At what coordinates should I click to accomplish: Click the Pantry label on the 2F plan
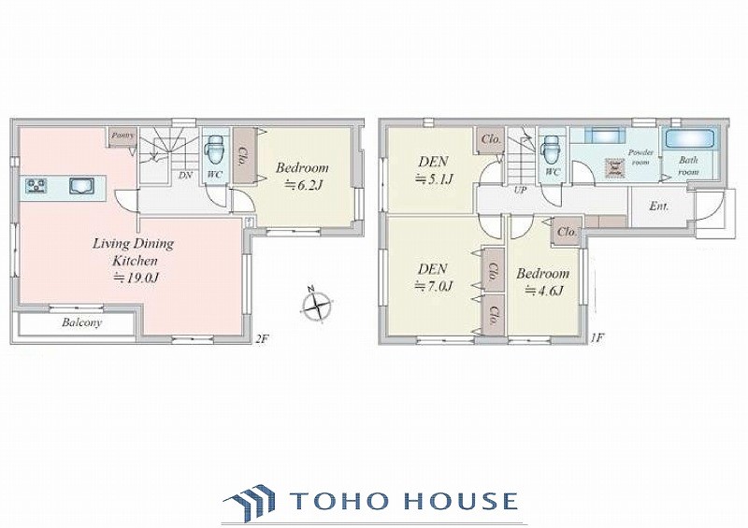click(122, 136)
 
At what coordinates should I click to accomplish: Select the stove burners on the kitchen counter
click(36, 185)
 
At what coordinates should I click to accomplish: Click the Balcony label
click(81, 323)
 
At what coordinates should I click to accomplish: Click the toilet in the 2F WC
click(214, 151)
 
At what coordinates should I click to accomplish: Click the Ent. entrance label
click(659, 207)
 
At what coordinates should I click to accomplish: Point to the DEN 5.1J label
click(433, 170)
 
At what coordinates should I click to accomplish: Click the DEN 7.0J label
click(433, 278)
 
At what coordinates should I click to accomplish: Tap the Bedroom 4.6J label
click(543, 282)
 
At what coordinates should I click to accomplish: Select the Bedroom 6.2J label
click(302, 177)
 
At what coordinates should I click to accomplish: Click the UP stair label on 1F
click(520, 190)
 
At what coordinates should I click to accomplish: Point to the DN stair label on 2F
click(185, 175)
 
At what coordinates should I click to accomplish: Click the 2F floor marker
click(263, 339)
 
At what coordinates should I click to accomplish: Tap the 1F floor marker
click(597, 338)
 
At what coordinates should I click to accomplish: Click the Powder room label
click(640, 157)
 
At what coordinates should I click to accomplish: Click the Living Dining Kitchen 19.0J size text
click(135, 278)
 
